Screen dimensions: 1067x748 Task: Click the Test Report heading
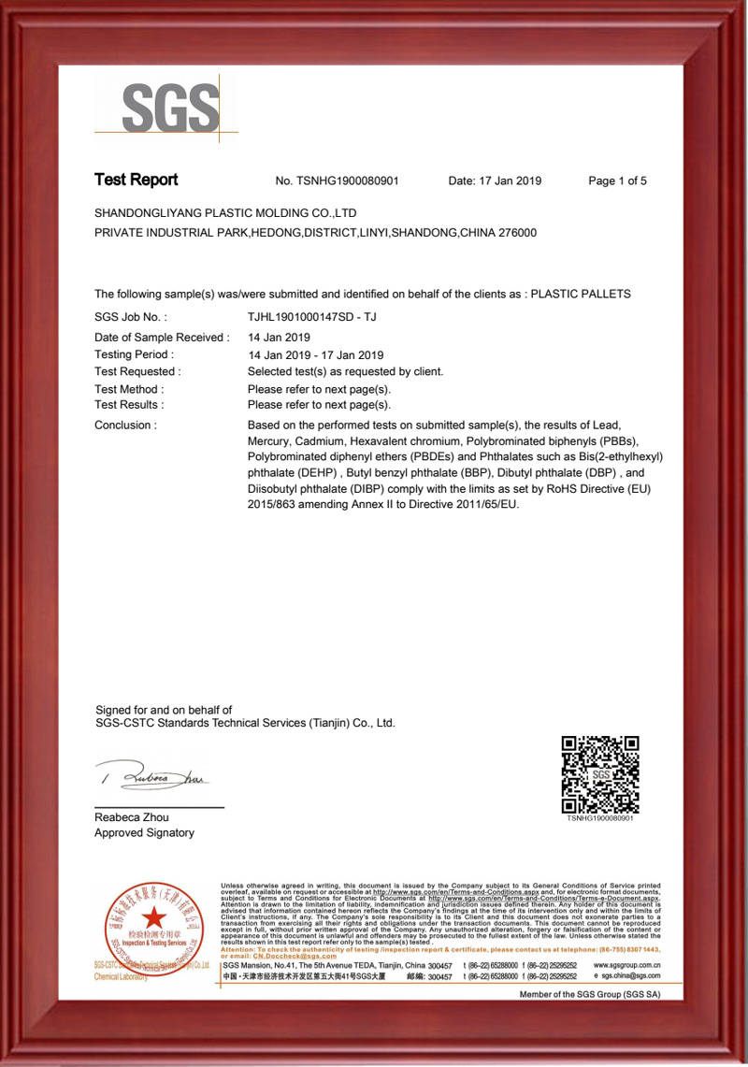pos(136,180)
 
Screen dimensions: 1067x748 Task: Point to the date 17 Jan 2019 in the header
pos(511,181)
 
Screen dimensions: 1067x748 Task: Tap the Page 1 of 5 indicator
pos(617,181)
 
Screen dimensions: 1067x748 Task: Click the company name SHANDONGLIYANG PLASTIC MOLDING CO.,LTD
pos(225,213)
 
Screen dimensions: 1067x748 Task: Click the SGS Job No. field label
pos(130,318)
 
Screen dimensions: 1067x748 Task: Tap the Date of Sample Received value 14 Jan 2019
pos(279,337)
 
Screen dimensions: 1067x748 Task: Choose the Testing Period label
pos(134,354)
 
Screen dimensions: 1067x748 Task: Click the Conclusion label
pos(125,425)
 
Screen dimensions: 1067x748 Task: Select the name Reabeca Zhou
pos(132,817)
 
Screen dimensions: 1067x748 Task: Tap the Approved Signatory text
pos(144,833)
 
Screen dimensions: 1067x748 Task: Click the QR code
pos(599,774)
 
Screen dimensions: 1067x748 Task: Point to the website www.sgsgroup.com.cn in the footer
pos(627,965)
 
